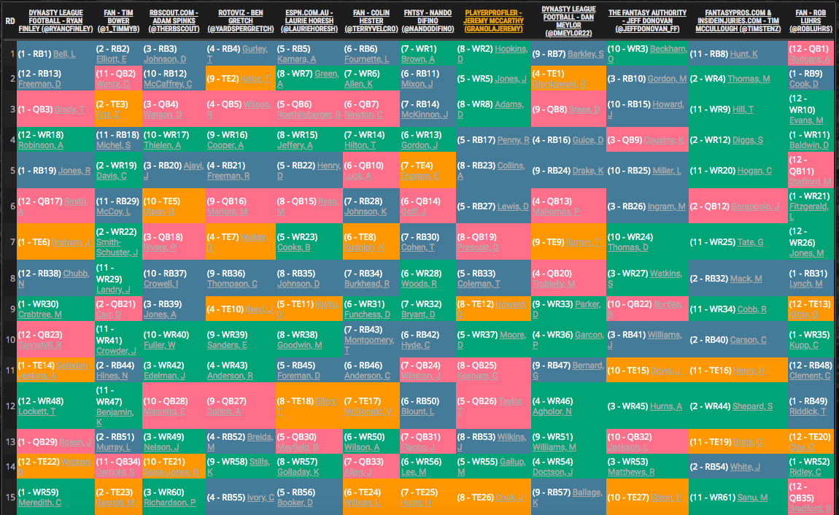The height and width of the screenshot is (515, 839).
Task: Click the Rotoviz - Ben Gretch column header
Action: (240, 20)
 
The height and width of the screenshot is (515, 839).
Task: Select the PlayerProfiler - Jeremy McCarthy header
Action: (494, 20)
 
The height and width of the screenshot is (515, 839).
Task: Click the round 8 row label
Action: (9, 279)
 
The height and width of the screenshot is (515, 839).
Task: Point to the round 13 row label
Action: (9, 442)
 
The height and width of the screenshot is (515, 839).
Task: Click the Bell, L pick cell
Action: (55, 54)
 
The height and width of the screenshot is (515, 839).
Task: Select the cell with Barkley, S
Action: (568, 54)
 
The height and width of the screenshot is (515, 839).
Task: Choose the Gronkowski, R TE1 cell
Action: (568, 79)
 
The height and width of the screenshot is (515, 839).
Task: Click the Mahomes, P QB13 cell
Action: (568, 206)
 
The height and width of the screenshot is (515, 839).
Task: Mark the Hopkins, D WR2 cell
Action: (492, 54)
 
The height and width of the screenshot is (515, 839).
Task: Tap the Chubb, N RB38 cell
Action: (55, 279)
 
